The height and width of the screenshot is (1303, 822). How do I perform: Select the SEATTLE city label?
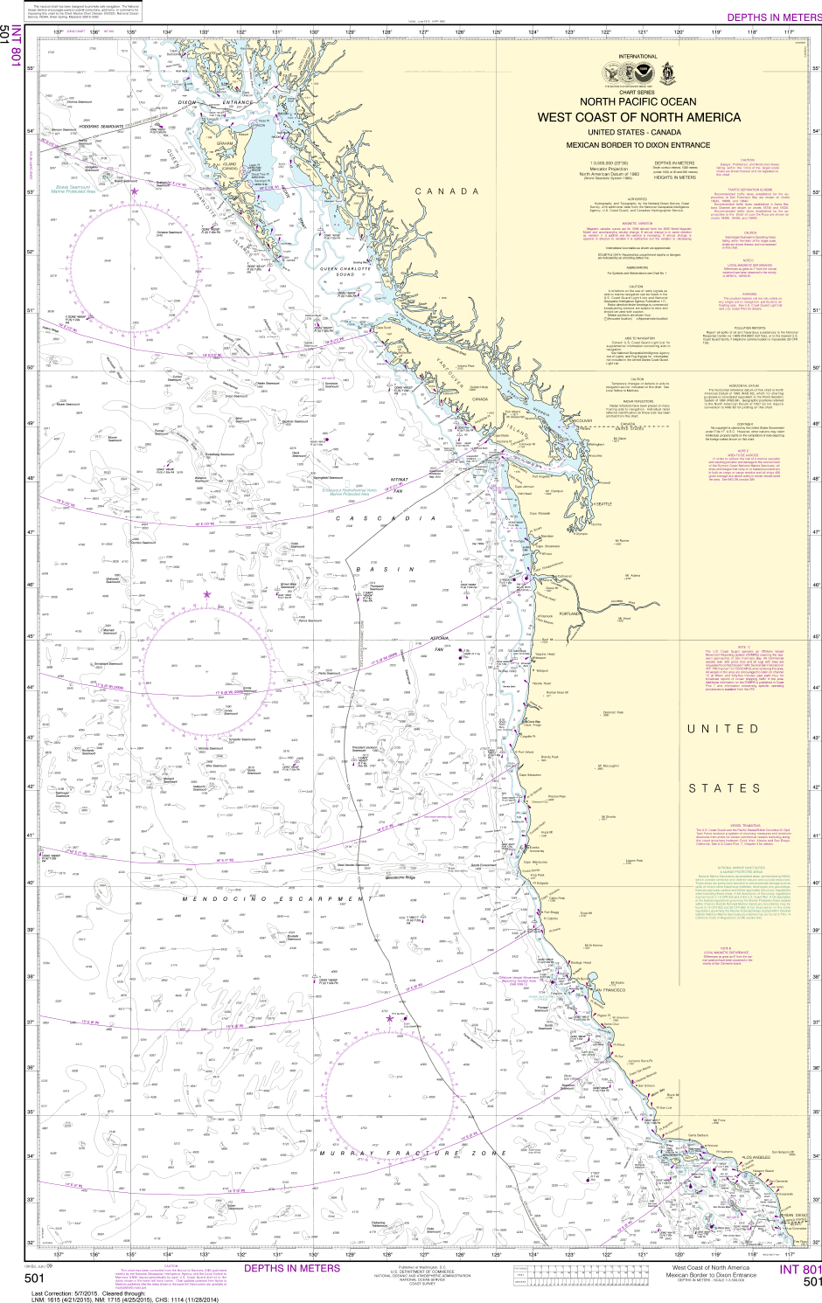[x=603, y=504]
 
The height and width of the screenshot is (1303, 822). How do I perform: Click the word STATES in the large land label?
[x=725, y=787]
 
